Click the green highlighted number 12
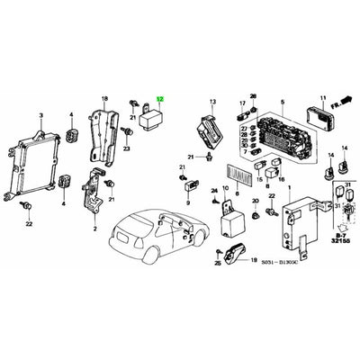pos(161,101)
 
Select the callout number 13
pos(213,103)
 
